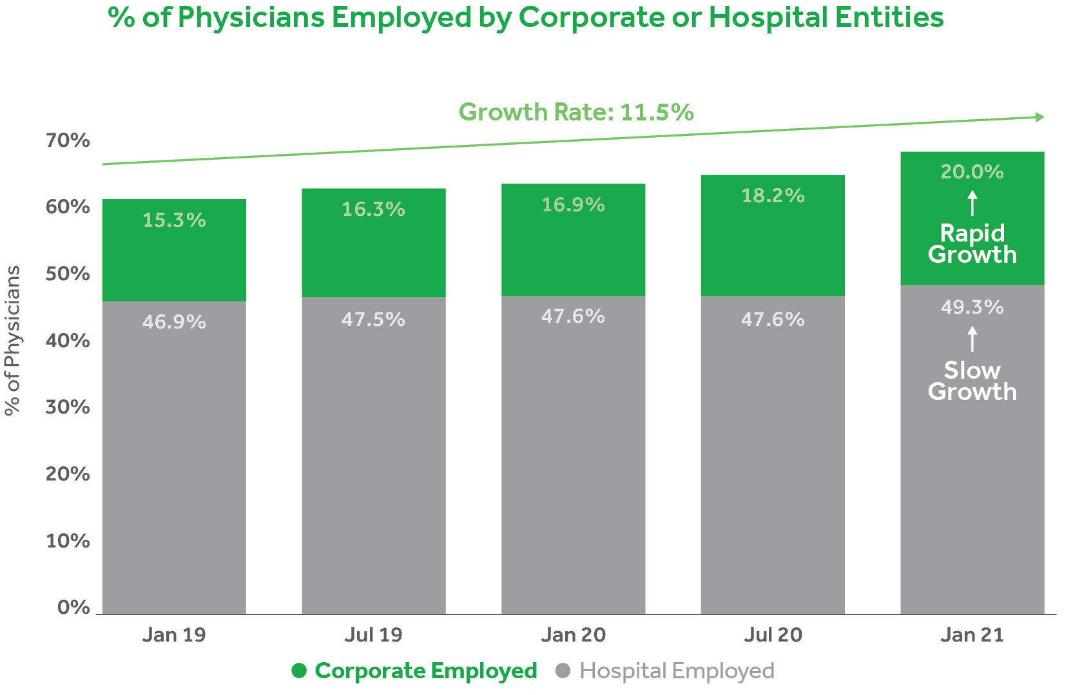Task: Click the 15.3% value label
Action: pyautogui.click(x=174, y=220)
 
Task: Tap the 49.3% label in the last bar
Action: pyautogui.click(x=972, y=307)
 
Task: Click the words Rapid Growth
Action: pyautogui.click(x=972, y=244)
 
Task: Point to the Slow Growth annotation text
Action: pyautogui.click(x=972, y=381)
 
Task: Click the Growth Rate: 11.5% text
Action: pyautogui.click(x=576, y=113)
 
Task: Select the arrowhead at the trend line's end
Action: pyautogui.click(x=1039, y=117)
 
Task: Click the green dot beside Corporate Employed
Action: pyautogui.click(x=299, y=671)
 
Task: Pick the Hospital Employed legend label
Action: pyautogui.click(x=677, y=671)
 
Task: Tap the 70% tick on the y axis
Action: pyautogui.click(x=68, y=140)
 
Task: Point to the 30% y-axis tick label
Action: pyautogui.click(x=68, y=407)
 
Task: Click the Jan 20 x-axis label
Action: pyautogui.click(x=574, y=636)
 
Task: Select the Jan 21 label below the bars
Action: pyautogui.click(x=972, y=636)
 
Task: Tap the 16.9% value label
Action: pyautogui.click(x=573, y=205)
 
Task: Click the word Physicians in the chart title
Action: pyautogui.click(x=251, y=17)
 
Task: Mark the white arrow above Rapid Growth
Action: pyautogui.click(x=972, y=203)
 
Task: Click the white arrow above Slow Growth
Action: pyautogui.click(x=972, y=339)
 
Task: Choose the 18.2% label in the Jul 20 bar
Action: pyautogui.click(x=773, y=196)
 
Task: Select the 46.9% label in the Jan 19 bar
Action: pyautogui.click(x=174, y=322)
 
